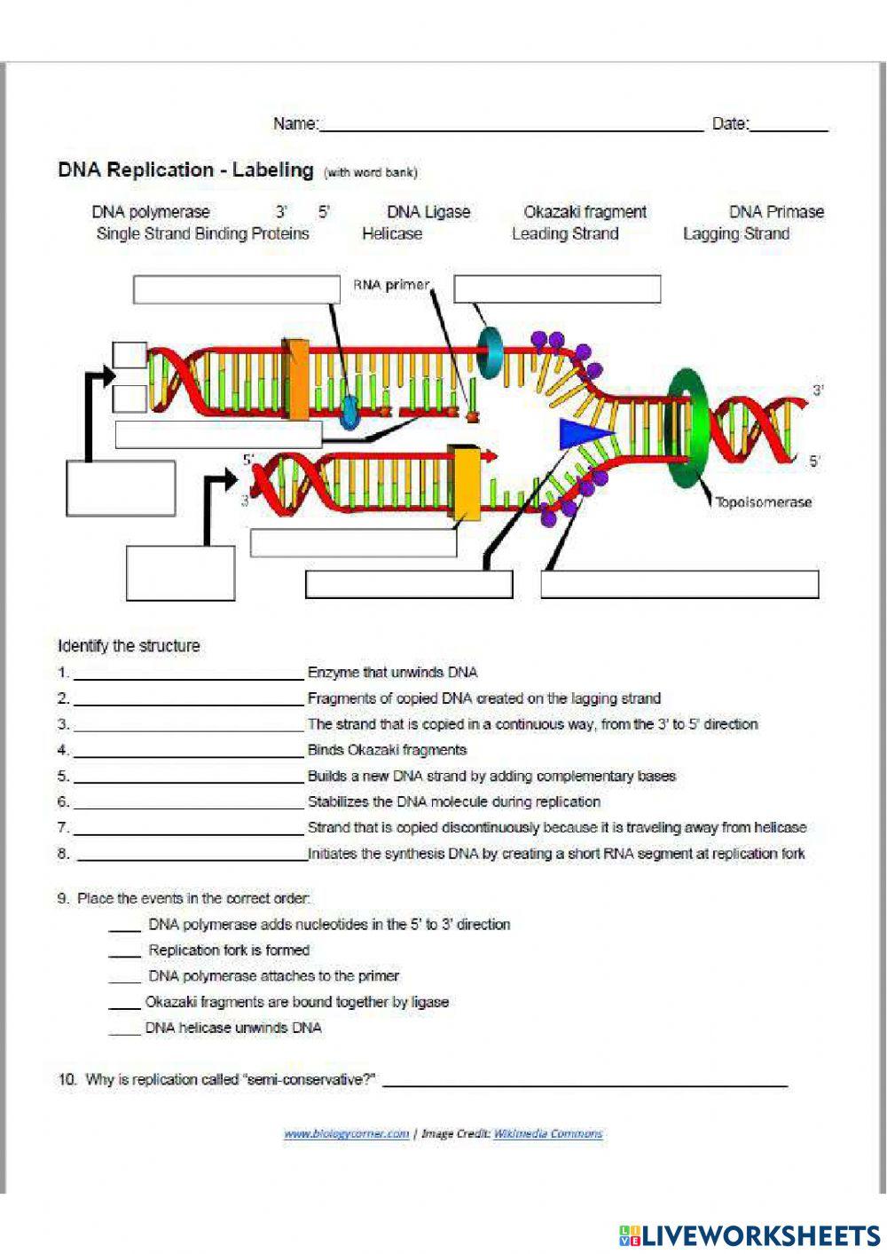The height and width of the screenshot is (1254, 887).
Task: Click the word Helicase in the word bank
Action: point(391,234)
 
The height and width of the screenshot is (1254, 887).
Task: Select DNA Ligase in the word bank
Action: point(428,212)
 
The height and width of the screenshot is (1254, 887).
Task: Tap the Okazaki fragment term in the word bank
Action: point(585,212)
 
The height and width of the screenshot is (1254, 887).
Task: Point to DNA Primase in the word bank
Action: point(776,212)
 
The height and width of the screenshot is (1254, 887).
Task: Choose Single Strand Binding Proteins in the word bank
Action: point(202,234)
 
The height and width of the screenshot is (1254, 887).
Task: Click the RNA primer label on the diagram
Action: point(390,285)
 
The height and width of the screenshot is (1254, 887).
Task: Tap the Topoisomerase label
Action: point(763,502)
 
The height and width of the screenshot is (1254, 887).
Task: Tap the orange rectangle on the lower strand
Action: point(465,484)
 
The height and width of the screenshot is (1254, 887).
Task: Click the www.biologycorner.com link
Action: point(346,1133)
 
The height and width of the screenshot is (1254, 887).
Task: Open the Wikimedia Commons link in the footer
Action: point(547,1133)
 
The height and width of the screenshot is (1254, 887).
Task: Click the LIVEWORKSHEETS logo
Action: point(750,1234)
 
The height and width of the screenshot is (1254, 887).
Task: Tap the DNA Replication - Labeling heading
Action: point(185,170)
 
